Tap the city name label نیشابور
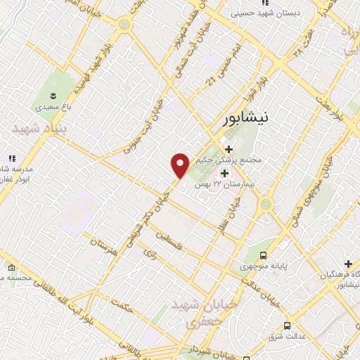245,119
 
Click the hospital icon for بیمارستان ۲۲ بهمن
224,174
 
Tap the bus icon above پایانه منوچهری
263,255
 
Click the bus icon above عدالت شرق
287,325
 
